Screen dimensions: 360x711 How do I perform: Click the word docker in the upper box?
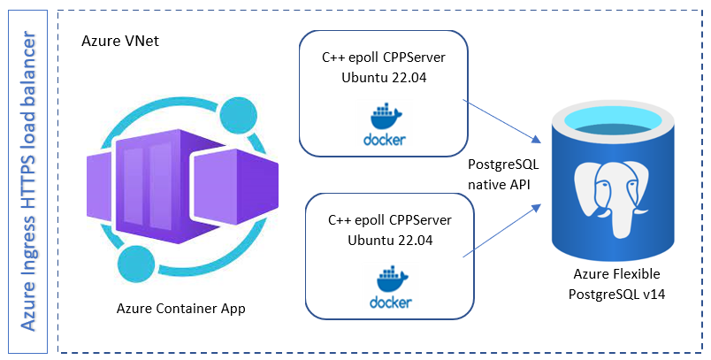383,139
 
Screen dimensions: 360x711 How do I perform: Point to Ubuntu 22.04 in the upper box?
383,77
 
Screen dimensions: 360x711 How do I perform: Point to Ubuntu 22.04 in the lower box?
389,240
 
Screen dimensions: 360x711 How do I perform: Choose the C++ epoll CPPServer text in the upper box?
383,57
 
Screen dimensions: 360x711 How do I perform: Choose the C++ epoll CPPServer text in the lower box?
389,220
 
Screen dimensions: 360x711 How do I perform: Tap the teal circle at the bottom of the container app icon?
137,263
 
